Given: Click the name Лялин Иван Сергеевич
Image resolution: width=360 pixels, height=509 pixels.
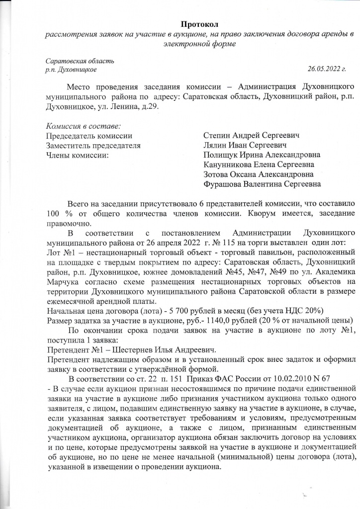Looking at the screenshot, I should pyautogui.click(x=246, y=146).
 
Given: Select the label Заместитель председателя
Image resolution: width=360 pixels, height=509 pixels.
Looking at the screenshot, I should pyautogui.click(x=93, y=146).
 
